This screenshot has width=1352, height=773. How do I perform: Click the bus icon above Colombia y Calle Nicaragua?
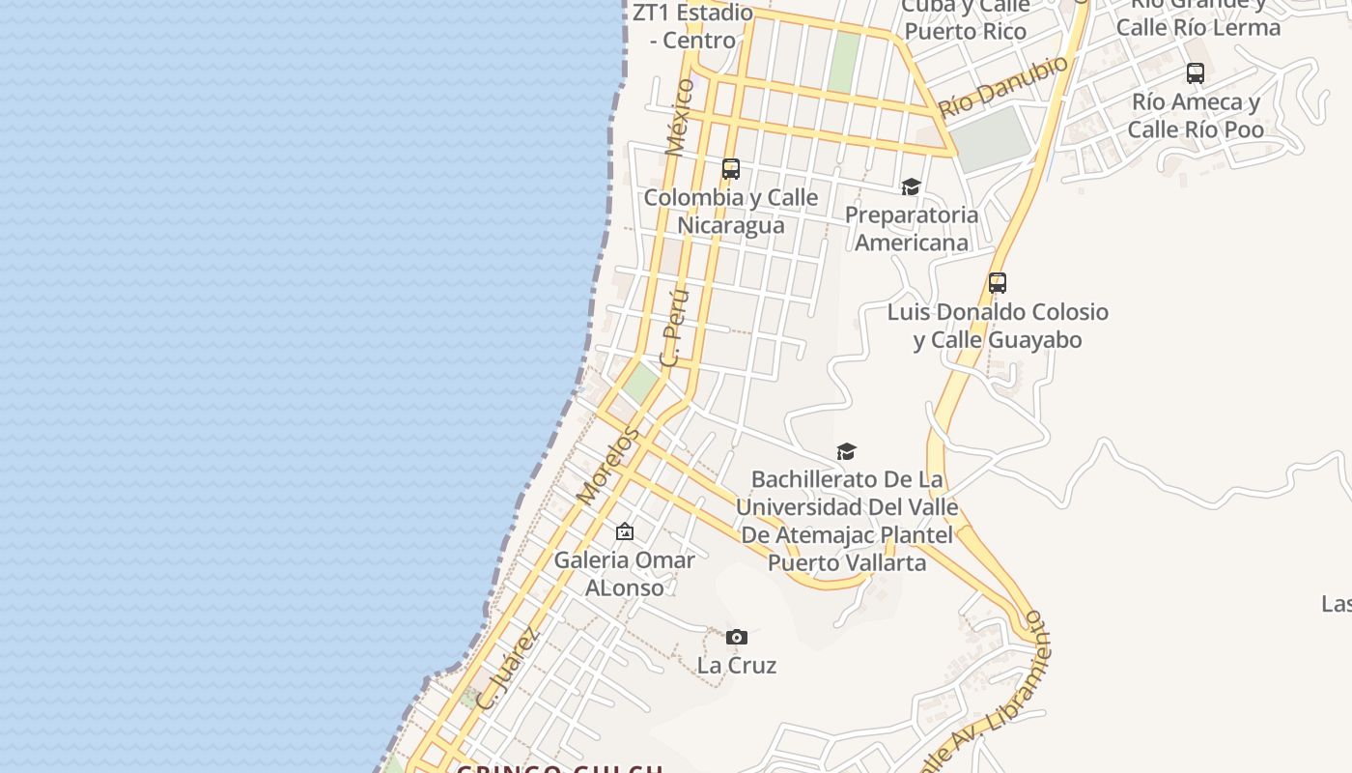click(731, 169)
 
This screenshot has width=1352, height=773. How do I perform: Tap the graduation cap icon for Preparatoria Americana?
click(911, 186)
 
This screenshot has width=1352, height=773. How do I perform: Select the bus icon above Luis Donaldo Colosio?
click(998, 283)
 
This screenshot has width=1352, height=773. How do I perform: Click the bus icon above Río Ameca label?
click(1196, 73)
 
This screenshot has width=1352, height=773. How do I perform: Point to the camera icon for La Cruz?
click(737, 637)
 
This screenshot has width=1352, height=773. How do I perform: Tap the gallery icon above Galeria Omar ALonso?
click(625, 531)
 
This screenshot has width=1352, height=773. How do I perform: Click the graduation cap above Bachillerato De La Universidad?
click(847, 451)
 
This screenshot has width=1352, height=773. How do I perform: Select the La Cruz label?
click(737, 665)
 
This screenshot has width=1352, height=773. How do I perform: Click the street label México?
click(680, 117)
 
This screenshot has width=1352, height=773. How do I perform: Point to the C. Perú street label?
click(673, 327)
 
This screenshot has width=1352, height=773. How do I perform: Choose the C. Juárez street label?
click(506, 669)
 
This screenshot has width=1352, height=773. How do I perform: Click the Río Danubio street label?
click(1004, 86)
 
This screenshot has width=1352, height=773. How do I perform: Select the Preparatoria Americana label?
click(912, 228)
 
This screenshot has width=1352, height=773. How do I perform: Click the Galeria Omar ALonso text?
click(624, 573)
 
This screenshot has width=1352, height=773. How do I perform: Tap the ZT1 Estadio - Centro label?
click(692, 26)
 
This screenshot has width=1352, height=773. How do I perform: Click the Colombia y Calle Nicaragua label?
click(731, 211)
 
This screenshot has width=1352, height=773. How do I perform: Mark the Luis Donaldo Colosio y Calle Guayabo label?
click(998, 326)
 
